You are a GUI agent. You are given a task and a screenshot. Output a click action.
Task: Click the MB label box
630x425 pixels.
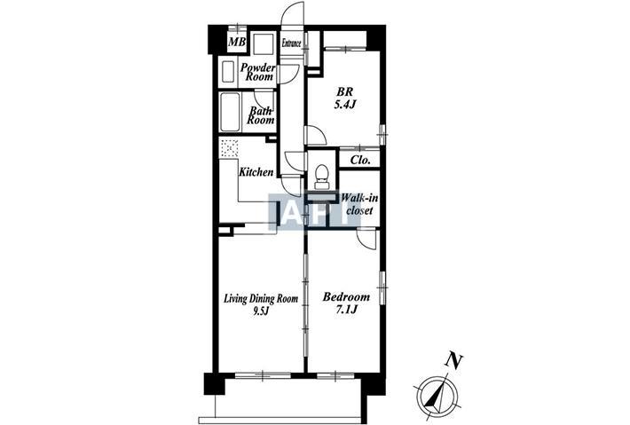point(237,43)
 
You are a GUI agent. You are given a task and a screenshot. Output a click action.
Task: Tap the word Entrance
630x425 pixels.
point(291,43)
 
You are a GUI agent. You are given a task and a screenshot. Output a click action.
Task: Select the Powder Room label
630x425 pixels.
point(258,72)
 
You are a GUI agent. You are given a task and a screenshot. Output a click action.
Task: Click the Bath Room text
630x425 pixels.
point(260,114)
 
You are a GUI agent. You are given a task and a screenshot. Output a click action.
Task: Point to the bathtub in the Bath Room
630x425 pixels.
point(230,112)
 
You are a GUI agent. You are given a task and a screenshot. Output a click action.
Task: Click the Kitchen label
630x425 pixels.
point(256,172)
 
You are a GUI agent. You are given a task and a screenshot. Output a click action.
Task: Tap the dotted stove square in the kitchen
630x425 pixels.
point(229,149)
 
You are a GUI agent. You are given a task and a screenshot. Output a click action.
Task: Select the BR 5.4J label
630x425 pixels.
point(345,98)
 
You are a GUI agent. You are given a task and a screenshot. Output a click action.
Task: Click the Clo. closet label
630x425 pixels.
point(360,160)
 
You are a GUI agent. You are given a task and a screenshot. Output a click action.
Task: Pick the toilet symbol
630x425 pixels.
point(321,177)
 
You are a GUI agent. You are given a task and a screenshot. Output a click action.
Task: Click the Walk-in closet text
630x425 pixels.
point(359,204)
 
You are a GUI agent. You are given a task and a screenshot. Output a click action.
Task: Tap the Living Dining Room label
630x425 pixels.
point(261,298)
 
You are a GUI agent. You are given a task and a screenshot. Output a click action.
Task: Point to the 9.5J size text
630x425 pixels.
point(260,311)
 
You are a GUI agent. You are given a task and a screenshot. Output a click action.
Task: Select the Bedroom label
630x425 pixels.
point(346,297)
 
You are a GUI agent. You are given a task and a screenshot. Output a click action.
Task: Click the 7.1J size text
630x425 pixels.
point(346,310)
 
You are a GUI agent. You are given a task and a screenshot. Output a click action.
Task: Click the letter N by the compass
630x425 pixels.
point(454,361)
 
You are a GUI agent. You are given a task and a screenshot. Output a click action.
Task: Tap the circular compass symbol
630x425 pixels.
point(435,394)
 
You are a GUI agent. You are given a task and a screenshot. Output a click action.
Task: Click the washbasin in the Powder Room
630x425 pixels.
point(228,72)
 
